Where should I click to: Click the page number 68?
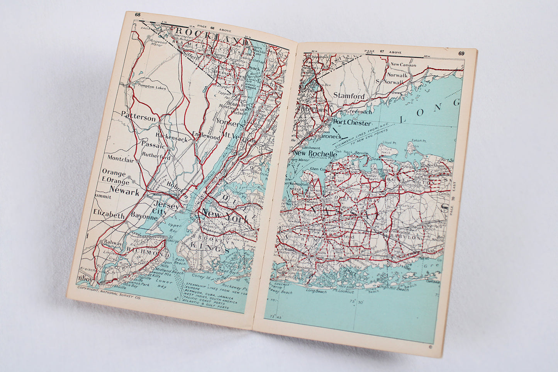137,15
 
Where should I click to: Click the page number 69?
461,53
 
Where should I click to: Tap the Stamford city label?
349,95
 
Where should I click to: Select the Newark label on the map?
124,190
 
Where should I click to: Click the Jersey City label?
165,209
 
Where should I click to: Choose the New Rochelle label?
315,153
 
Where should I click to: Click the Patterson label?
138,117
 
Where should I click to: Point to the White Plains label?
311,110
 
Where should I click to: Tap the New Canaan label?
404,65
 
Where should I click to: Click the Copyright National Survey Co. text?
109,288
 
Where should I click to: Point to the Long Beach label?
316,291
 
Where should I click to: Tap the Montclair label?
120,158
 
